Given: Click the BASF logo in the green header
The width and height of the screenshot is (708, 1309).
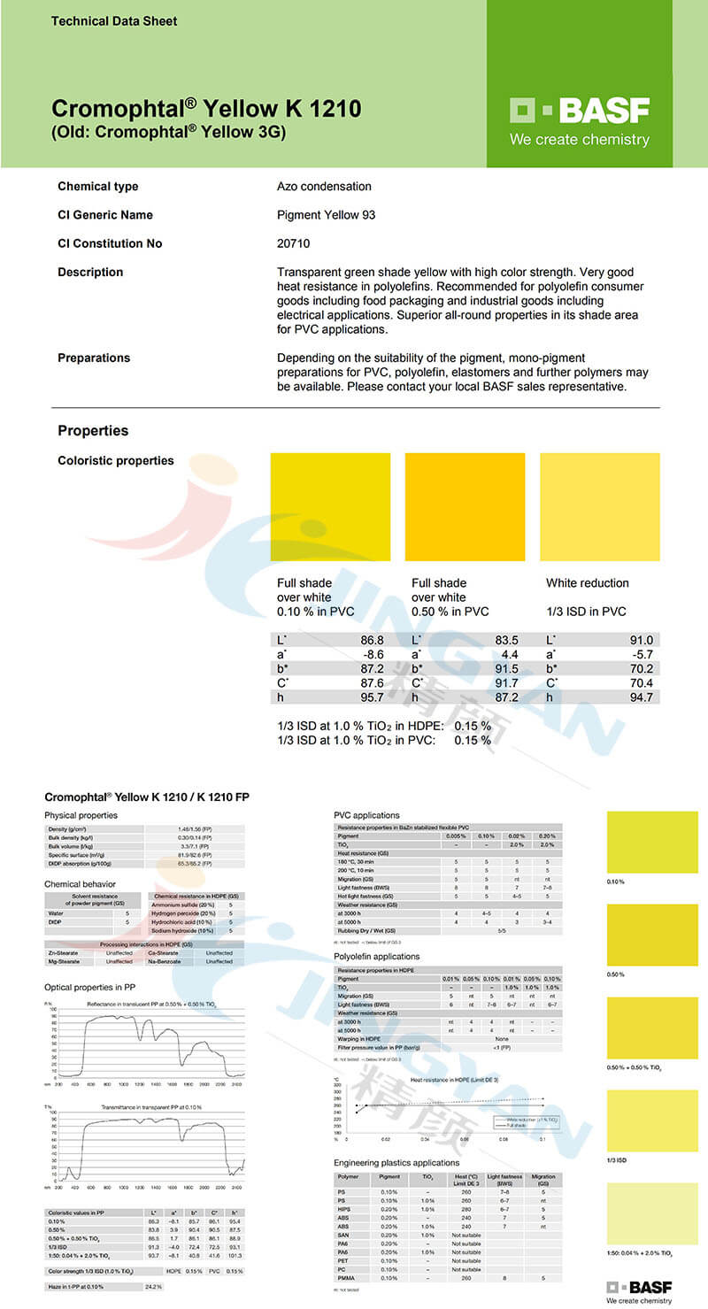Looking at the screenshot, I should coord(580,112).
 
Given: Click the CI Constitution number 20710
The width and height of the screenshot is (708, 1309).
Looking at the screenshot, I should coord(294,243).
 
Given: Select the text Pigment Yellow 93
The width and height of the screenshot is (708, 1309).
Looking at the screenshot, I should coord(319,215).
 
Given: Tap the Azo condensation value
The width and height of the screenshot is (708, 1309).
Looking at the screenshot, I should coord(324,187).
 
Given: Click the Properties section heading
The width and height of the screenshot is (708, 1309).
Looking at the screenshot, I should coord(93,431).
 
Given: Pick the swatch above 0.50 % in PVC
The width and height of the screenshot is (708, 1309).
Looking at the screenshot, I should coord(465,507).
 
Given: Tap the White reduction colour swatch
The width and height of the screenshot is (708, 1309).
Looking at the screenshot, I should coord(599,507).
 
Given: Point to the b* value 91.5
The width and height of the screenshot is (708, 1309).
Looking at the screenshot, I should coord(504,669).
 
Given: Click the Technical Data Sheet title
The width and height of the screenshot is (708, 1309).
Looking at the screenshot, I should coord(114,20).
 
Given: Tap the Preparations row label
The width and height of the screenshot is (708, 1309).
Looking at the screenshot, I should coord(94,358).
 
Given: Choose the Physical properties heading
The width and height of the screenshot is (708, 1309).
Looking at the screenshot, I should coord(81,815).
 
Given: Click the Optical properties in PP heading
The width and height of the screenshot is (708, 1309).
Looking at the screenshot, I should coord(89,986).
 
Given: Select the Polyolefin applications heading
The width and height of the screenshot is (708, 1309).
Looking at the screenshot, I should coord(377,957).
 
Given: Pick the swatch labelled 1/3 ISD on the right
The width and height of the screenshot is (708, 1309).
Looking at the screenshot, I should coord(652,1120).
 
